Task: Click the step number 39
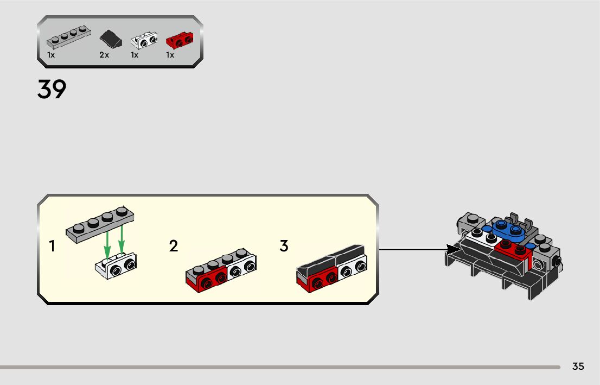[x=52, y=90]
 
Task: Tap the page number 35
[x=578, y=367]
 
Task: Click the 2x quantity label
[x=104, y=55]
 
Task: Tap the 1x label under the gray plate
[x=51, y=55]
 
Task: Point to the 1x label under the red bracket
[x=170, y=55]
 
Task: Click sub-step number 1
[x=52, y=247]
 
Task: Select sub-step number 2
[x=174, y=247]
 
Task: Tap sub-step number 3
[x=284, y=246]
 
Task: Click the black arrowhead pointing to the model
[x=453, y=250]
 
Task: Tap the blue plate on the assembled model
[x=508, y=229]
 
